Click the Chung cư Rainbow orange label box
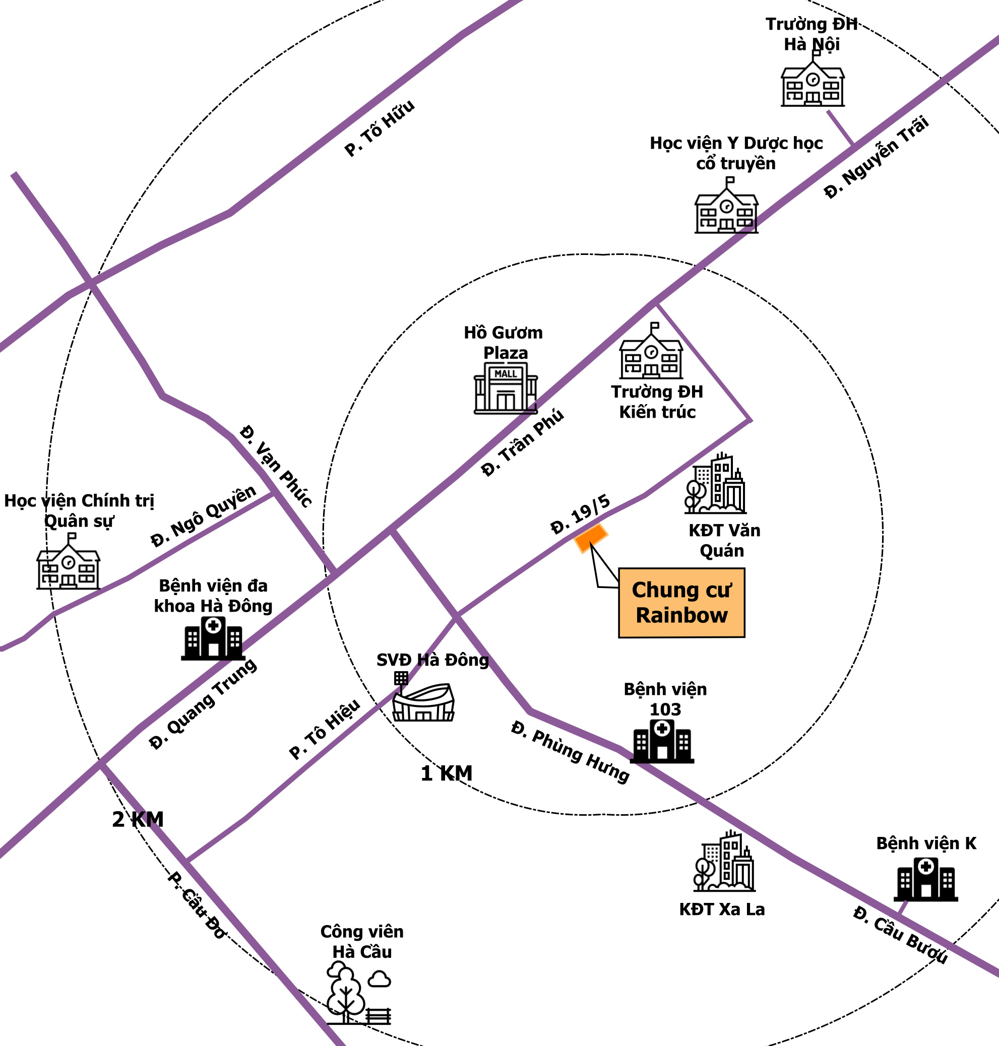point(681,603)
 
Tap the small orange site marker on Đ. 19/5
point(591,539)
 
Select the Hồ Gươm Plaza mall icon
point(506,387)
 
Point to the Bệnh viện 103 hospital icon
point(662,741)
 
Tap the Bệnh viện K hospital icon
point(925,879)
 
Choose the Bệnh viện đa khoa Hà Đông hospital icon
point(213,638)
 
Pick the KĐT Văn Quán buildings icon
point(715,483)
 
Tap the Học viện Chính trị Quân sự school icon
point(68,561)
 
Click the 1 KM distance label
point(446,773)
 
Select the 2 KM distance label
point(138,819)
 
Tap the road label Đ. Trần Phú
point(522,442)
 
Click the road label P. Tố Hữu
point(379,128)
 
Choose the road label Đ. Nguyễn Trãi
point(877,157)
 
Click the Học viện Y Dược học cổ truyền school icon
point(726,205)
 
